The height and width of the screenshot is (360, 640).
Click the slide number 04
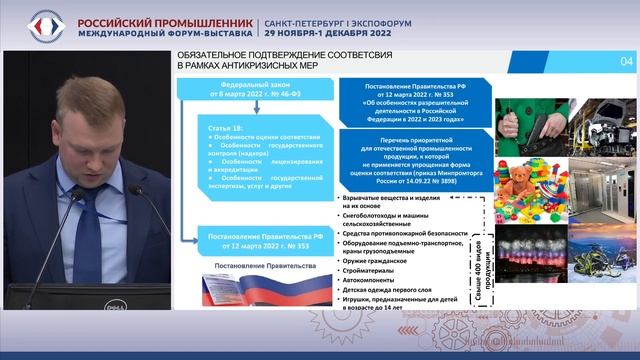tap(627, 62)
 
